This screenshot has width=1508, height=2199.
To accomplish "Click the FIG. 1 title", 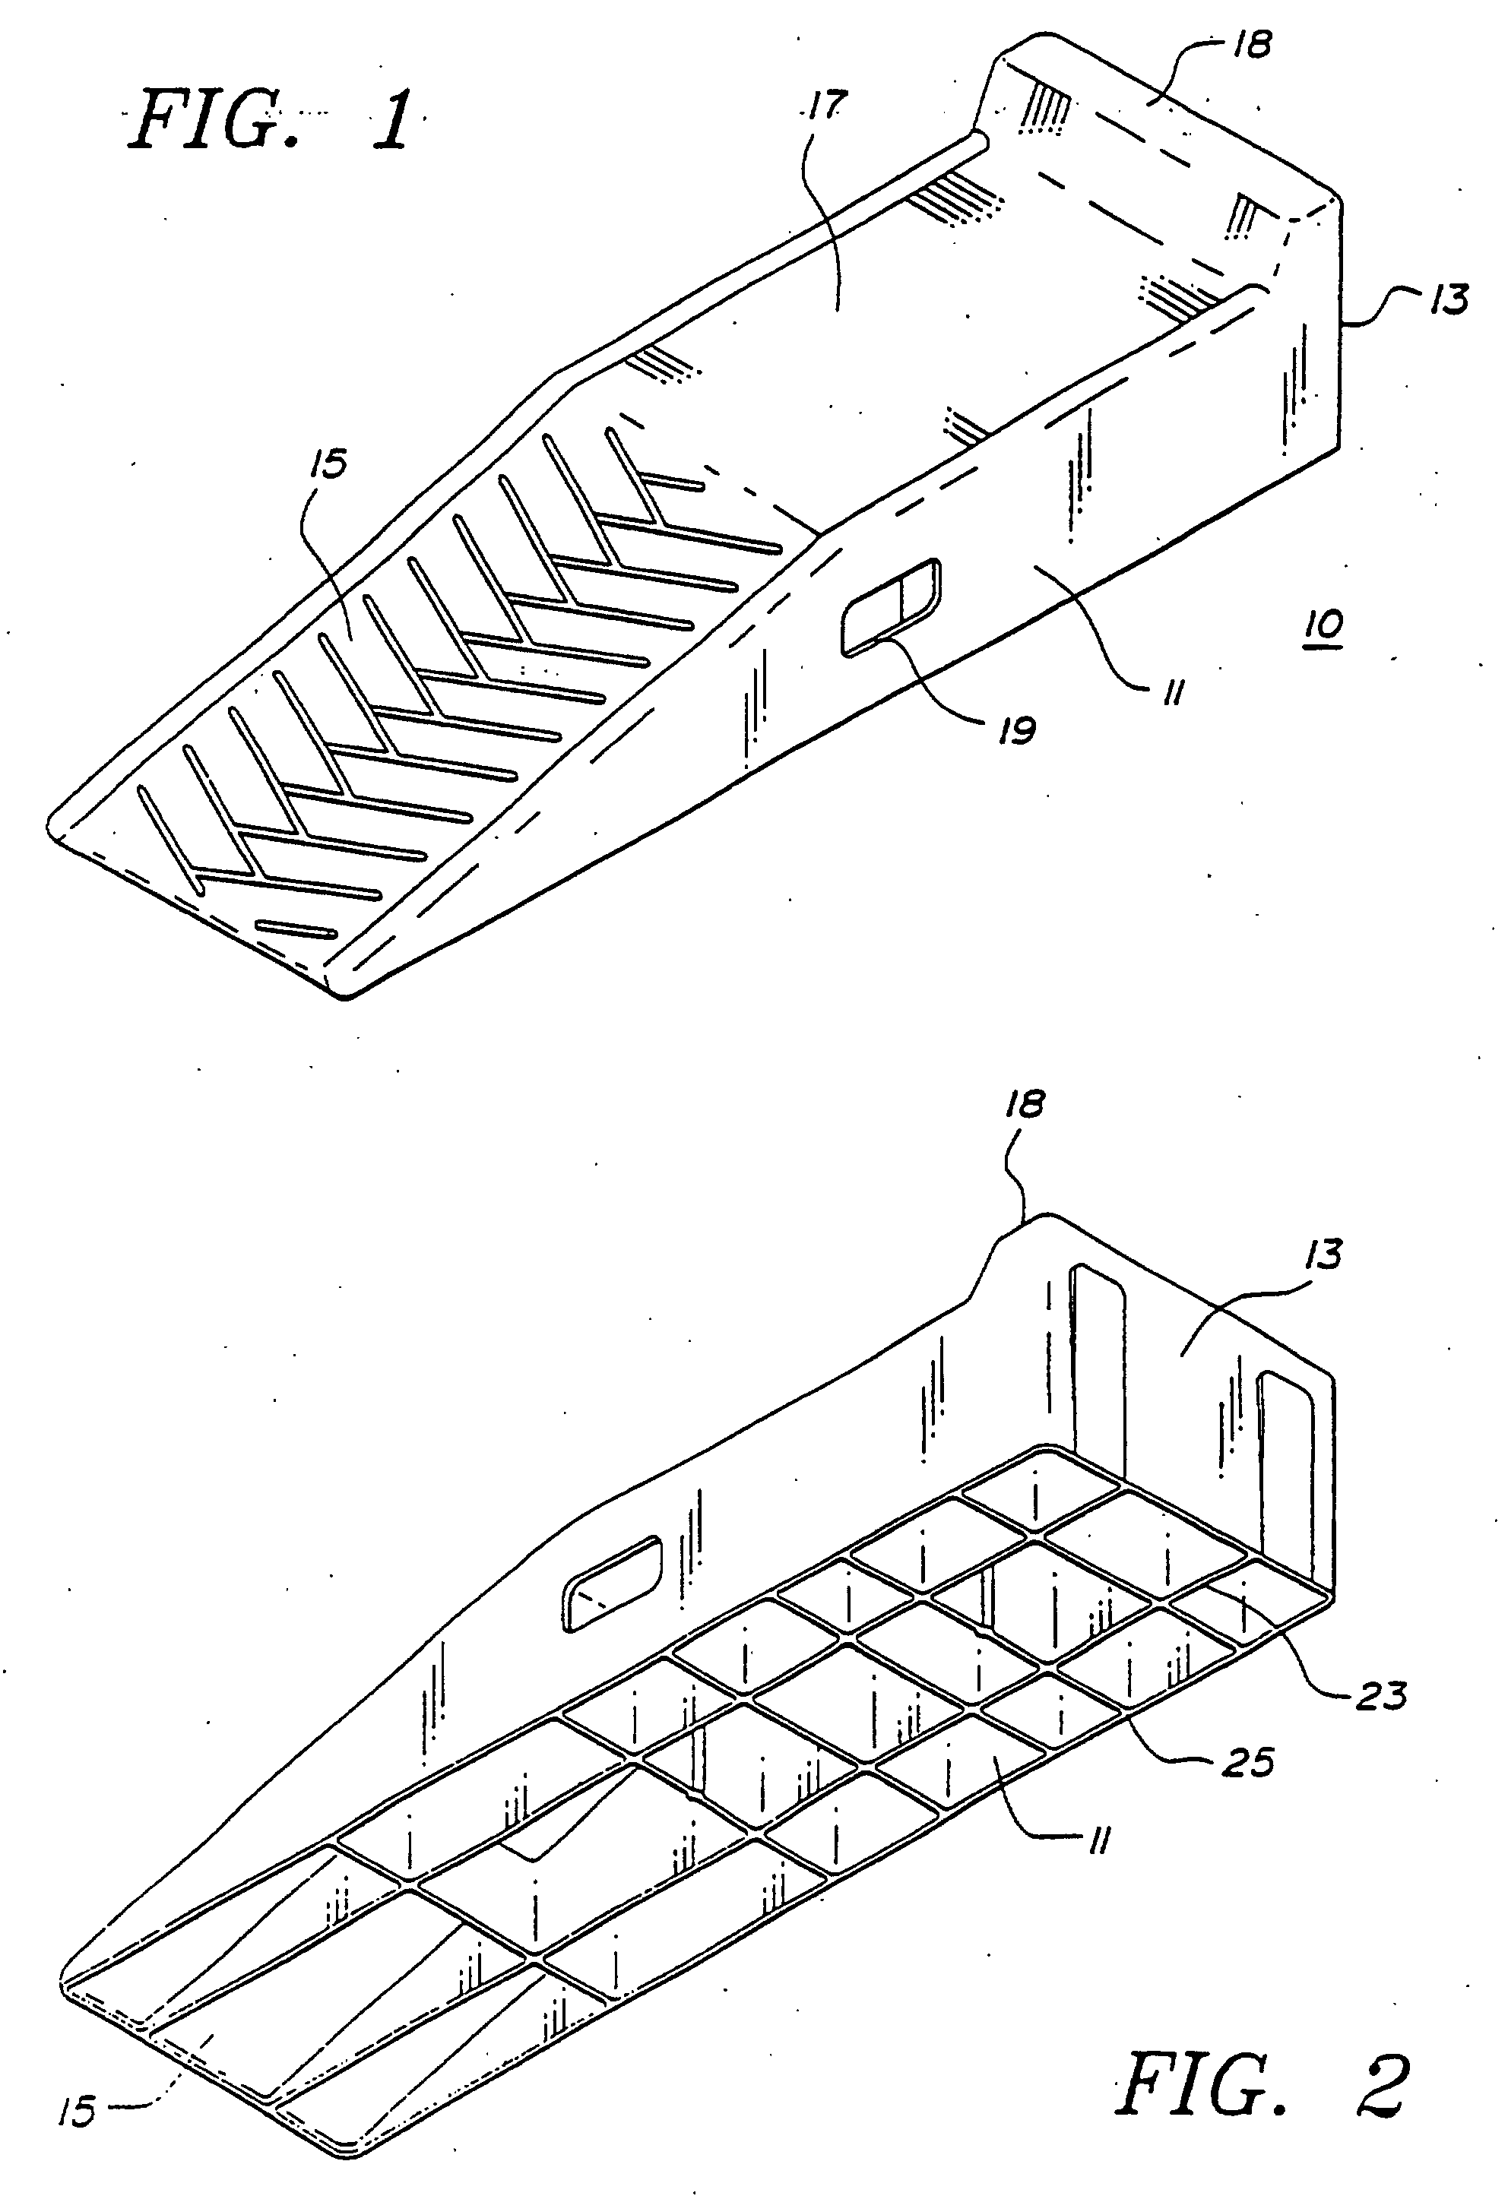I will tap(271, 120).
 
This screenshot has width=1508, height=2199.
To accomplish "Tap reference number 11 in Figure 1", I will tap(1172, 695).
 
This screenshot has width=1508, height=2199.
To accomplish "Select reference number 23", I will tap(1381, 1694).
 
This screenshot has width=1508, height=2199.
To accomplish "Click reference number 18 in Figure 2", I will tap(1025, 1104).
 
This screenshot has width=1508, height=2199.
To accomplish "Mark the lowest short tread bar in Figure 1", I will tap(297, 929).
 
